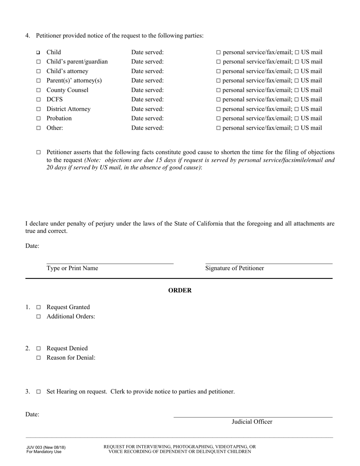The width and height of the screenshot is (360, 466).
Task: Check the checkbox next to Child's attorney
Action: pyautogui.click(x=38, y=71)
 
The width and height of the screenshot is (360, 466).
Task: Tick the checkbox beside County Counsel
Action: pyautogui.click(x=38, y=90)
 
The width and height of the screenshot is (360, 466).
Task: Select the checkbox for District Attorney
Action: pyautogui.click(x=38, y=109)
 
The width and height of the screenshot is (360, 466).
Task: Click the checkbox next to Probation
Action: pyautogui.click(x=38, y=119)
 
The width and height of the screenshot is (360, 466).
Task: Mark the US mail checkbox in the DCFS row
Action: pyautogui.click(x=297, y=100)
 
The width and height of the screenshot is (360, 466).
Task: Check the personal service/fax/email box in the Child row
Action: pyautogui.click(x=218, y=52)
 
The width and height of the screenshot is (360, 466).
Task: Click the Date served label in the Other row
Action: pyautogui.click(x=147, y=128)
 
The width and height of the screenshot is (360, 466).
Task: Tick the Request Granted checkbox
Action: pyautogui.click(x=38, y=307)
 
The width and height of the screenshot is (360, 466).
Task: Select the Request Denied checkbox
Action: pyautogui.click(x=38, y=349)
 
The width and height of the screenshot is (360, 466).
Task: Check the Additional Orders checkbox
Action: pyautogui.click(x=38, y=317)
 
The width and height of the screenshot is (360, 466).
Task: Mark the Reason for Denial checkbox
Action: pyautogui.click(x=38, y=358)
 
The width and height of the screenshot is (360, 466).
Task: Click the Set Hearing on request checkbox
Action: pyautogui.click(x=38, y=392)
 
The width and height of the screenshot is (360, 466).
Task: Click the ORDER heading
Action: pyautogui.click(x=180, y=291)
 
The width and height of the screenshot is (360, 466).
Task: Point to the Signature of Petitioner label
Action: pyautogui.click(x=235, y=268)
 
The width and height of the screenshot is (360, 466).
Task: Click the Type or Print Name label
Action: pyautogui.click(x=72, y=268)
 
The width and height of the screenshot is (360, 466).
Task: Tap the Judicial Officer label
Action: pyautogui.click(x=252, y=422)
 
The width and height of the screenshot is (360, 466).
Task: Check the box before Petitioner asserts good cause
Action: pyautogui.click(x=38, y=152)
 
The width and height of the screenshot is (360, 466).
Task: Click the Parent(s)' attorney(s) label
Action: pyautogui.click(x=74, y=81)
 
